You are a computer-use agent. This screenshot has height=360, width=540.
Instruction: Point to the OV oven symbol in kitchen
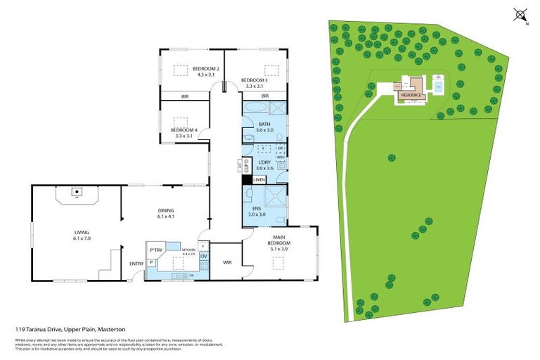pos(204,257)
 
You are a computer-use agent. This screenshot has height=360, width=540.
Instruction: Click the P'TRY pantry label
pos(155,250)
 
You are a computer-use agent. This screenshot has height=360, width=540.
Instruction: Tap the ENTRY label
pos(136,264)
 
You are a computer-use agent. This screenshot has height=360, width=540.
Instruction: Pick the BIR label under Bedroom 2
pos(184,96)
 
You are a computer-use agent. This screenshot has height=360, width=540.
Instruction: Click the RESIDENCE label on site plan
pos(411,94)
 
